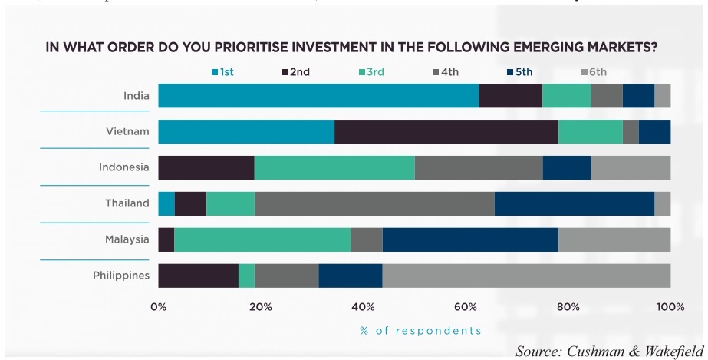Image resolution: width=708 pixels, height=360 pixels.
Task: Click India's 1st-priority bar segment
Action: click(318, 96)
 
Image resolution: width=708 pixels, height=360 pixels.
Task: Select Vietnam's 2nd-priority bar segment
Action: click(446, 131)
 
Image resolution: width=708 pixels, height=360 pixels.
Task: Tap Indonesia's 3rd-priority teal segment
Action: click(334, 167)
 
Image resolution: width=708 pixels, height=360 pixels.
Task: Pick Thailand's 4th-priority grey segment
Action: click(374, 203)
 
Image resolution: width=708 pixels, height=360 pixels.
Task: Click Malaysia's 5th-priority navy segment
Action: click(470, 239)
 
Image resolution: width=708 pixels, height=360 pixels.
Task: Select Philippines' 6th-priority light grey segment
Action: click(526, 276)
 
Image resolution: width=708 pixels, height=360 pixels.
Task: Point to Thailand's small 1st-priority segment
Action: click(166, 203)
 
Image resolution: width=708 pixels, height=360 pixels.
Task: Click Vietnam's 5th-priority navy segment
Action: click(654, 131)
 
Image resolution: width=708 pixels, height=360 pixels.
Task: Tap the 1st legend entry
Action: click(222, 73)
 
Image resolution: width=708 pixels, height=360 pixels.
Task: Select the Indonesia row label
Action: click(123, 167)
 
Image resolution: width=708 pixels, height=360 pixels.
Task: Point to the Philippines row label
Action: click(121, 276)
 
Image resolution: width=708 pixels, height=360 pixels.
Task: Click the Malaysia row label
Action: click(127, 239)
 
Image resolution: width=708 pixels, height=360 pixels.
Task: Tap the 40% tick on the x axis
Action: click(363, 307)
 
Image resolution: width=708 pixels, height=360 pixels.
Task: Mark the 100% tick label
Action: click(670, 307)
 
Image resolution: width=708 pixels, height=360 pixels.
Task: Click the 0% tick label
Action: click(158, 307)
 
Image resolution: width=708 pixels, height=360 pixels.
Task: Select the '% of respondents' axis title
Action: click(420, 331)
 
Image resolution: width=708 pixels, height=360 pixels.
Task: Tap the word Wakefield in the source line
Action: click(672, 351)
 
